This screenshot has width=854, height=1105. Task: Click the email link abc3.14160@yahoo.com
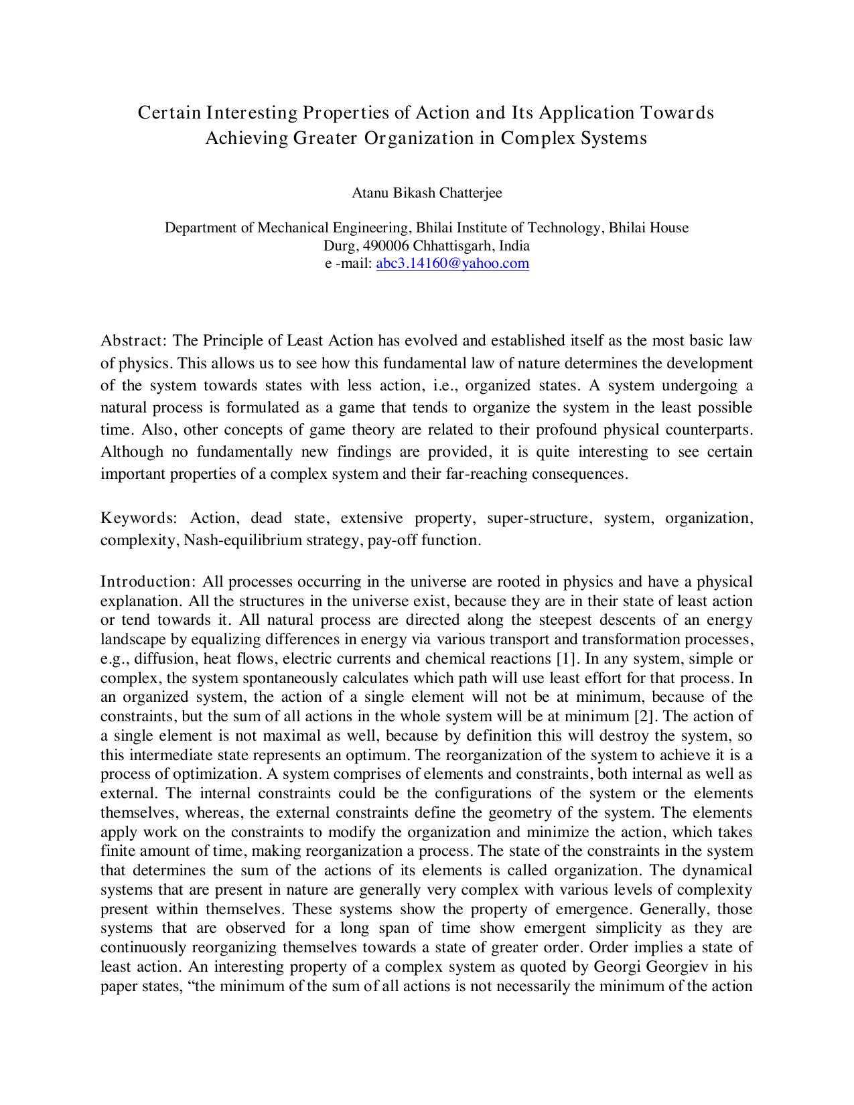pos(452,263)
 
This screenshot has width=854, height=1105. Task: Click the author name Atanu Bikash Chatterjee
pos(427,193)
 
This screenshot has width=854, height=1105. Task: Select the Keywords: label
pos(139,518)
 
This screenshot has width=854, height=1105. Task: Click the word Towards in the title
pos(677,113)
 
